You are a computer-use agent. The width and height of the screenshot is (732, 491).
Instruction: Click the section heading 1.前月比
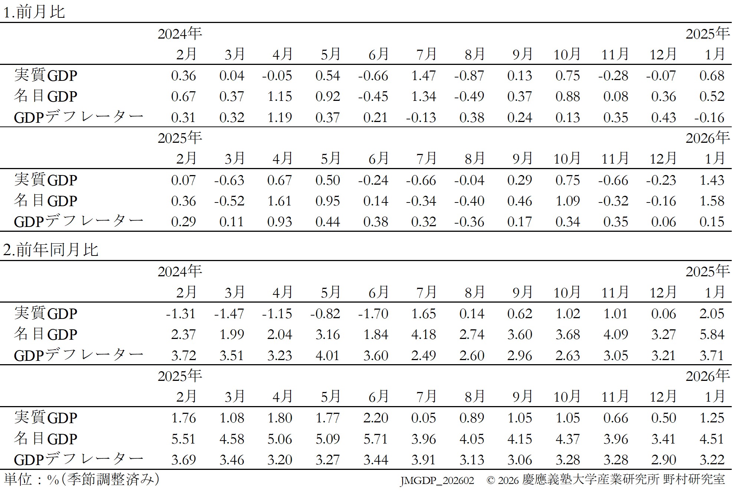tap(34, 12)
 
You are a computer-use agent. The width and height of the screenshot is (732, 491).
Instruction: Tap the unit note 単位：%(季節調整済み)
tap(82, 479)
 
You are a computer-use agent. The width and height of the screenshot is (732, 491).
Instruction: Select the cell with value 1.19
tap(280, 118)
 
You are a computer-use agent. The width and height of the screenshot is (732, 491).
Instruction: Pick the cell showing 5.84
tap(712, 335)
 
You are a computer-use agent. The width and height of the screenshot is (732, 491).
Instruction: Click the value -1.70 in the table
tap(373, 314)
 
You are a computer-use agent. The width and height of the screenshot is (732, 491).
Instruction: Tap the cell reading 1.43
tap(712, 180)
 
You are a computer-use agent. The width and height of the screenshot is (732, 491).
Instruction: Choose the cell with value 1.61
tap(280, 201)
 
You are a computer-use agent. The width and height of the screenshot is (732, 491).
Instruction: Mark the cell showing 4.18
tap(423, 335)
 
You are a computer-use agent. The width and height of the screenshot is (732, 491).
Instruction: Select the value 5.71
tap(375, 439)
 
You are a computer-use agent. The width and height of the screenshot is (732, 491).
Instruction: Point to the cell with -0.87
tap(469, 76)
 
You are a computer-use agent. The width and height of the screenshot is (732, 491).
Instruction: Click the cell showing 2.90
tap(663, 460)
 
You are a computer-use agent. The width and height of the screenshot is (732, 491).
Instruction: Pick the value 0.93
tap(280, 222)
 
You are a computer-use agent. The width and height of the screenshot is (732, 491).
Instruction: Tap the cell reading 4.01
tap(328, 355)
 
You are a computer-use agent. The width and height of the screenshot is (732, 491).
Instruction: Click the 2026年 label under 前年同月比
tap(708, 376)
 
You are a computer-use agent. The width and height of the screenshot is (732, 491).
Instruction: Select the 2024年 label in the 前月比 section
tap(180, 34)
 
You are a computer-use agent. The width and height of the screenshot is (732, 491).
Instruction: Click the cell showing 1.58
tap(712, 201)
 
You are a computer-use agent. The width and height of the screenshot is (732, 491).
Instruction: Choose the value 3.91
tap(423, 460)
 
